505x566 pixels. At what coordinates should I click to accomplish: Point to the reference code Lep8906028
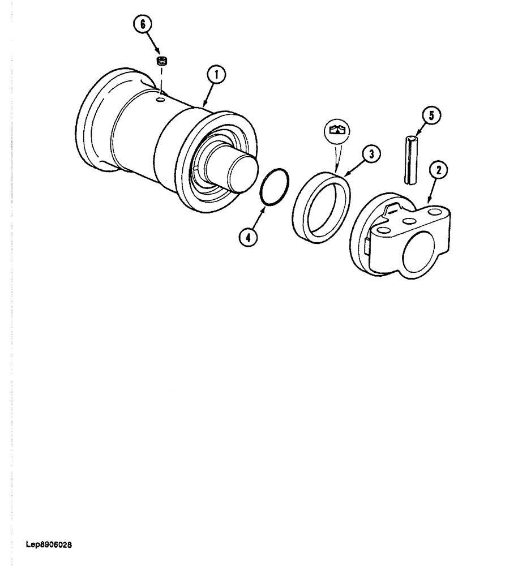pos(49,546)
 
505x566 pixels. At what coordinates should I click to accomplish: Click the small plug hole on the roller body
pos(161,100)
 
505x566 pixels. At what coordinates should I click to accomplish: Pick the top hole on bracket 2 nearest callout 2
pos(435,212)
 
